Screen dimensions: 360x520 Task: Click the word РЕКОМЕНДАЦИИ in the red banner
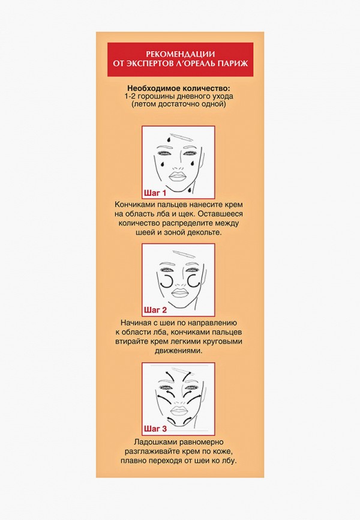point(181,54)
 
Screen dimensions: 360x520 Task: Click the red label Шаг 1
point(155,193)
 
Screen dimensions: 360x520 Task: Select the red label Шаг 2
point(155,310)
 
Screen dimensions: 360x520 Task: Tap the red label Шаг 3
point(155,429)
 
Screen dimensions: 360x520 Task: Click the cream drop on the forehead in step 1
point(169,139)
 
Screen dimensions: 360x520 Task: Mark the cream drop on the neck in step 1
point(190,190)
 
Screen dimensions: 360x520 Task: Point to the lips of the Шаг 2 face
point(179,293)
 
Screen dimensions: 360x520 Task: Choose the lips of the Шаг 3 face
point(179,410)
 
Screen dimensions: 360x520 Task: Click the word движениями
point(178,351)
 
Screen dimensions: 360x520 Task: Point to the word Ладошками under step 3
point(151,442)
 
